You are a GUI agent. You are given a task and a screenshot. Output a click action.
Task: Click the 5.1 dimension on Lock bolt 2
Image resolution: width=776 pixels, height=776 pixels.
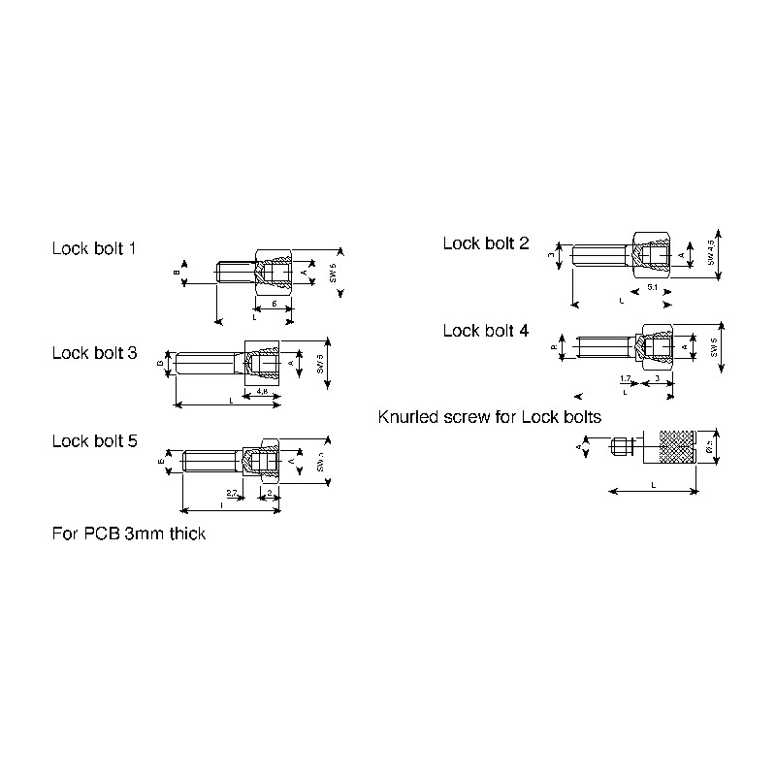point(652,289)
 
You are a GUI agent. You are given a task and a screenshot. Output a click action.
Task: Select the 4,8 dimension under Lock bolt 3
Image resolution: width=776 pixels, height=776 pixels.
point(262,392)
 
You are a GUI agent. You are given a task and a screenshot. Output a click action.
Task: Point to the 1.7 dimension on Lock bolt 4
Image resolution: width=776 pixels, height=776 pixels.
point(626,376)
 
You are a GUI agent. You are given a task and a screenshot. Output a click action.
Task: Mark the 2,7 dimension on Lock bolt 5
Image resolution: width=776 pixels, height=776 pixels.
point(233,495)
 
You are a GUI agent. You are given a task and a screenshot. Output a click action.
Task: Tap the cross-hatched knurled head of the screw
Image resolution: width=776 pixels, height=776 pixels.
point(677,447)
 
